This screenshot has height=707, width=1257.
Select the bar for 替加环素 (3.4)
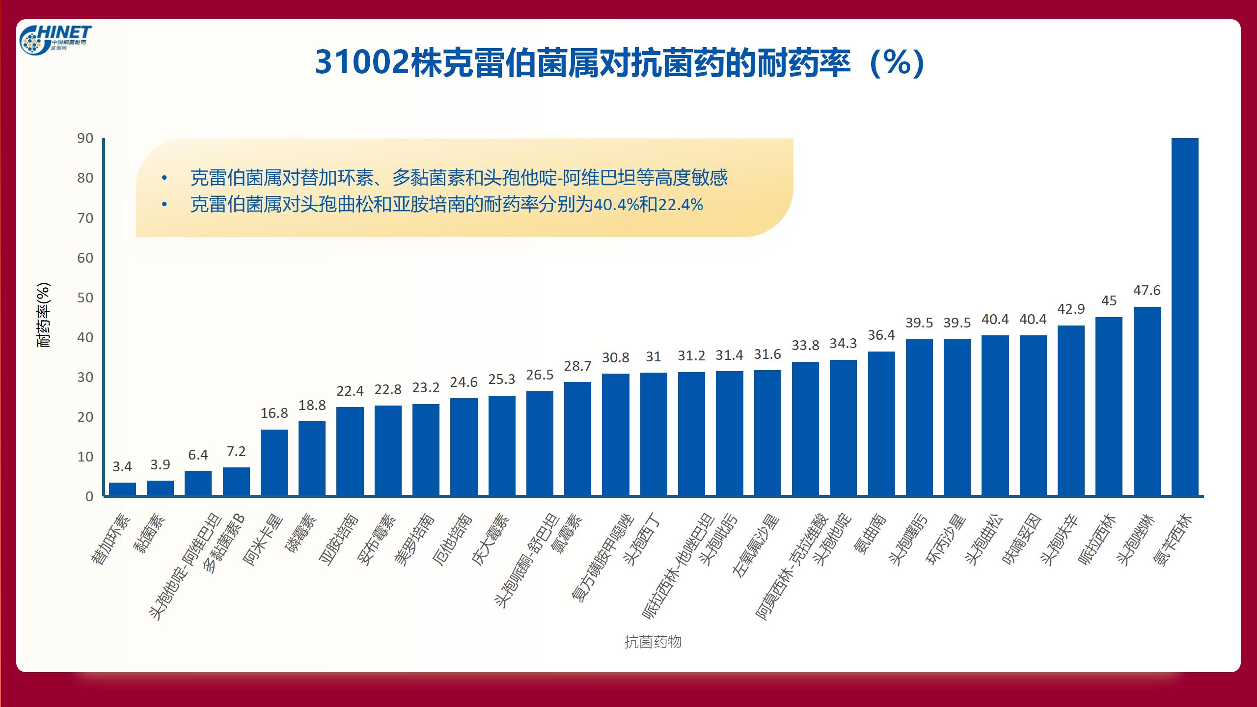[122, 489]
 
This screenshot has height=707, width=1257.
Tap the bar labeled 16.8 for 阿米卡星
[274, 462]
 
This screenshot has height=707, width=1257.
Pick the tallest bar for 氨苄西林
[1185, 317]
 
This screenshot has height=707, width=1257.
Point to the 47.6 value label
[1147, 290]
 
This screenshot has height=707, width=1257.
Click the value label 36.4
[881, 335]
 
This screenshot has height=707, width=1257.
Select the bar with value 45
[1109, 406]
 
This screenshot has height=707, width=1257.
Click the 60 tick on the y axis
[85, 258]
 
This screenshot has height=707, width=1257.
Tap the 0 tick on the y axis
[89, 496]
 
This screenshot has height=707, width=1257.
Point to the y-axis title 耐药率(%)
[44, 315]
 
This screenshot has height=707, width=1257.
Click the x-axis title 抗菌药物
[653, 642]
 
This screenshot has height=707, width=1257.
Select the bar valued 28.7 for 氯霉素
[577, 439]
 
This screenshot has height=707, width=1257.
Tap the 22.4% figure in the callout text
[680, 205]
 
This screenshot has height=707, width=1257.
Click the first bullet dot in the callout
[164, 178]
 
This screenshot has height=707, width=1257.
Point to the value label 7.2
[236, 451]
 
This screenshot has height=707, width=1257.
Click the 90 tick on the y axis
[85, 138]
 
